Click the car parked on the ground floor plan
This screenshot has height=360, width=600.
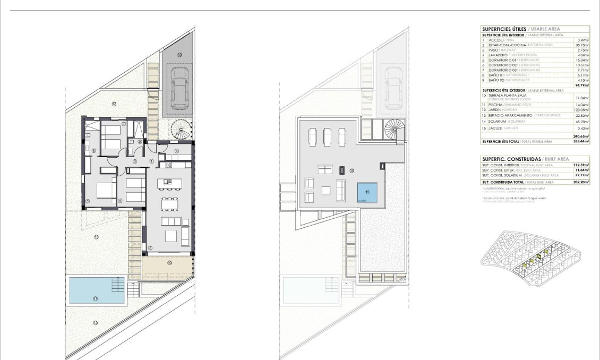[x=179, y=91]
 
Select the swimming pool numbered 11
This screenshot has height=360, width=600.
[x=96, y=291]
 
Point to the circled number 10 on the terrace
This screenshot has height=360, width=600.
[x=169, y=262]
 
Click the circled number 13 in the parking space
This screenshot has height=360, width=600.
[x=179, y=55]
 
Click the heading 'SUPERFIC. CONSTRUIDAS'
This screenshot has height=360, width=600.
[x=510, y=159]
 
